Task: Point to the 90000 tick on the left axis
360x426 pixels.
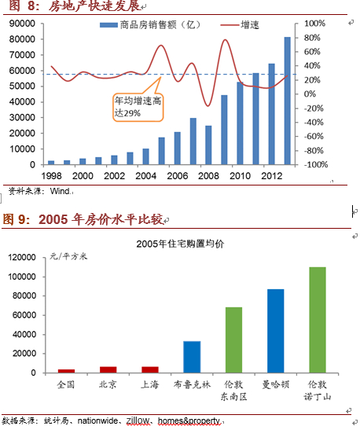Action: coord(20,24)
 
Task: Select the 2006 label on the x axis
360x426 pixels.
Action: coord(177,177)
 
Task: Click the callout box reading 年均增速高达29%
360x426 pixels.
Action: coord(134,107)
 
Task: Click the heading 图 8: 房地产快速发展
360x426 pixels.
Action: coord(71,7)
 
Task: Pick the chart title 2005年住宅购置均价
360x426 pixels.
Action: coord(179,244)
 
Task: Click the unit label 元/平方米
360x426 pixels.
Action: coord(69,256)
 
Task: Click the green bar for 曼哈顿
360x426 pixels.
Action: coord(276,331)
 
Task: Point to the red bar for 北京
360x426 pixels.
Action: coord(108,369)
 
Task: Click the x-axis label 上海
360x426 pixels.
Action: coord(149,384)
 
